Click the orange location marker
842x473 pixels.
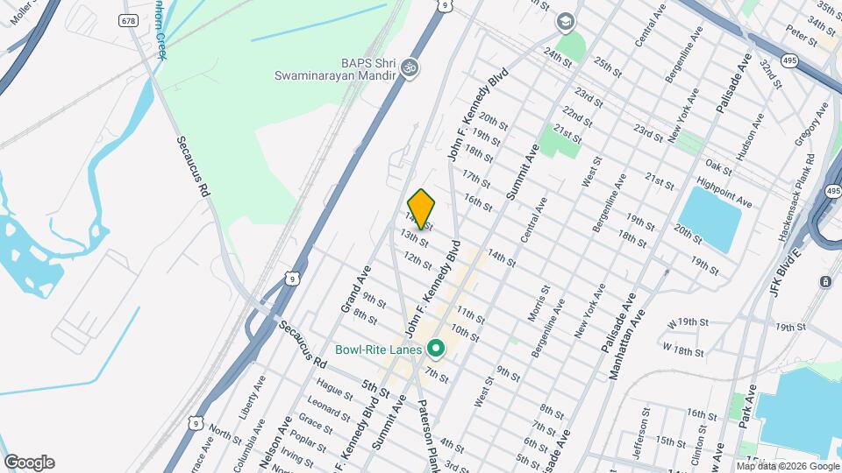[x=422, y=208]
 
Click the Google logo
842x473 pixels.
[x=29, y=462]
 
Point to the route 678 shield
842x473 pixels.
[x=130, y=19]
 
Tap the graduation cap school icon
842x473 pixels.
[x=566, y=20]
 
